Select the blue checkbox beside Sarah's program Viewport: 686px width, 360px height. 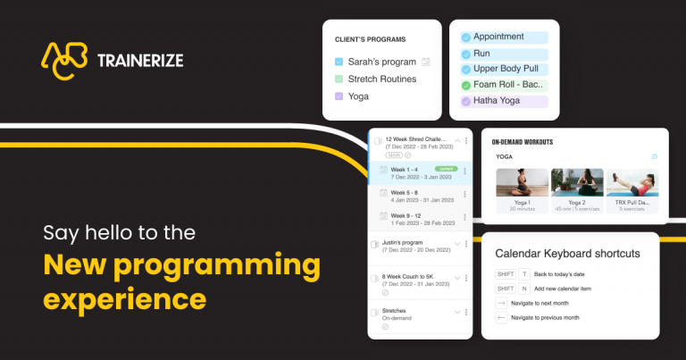tap(339, 63)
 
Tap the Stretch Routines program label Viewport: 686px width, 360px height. tap(382, 79)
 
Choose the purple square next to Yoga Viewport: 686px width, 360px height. tap(339, 96)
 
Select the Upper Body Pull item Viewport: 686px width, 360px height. tap(504, 69)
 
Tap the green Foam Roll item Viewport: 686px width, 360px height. tap(504, 85)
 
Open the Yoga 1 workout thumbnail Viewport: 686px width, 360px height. tap(522, 183)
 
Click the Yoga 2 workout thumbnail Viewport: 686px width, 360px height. tap(576, 183)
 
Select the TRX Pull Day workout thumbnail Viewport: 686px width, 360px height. tap(632, 183)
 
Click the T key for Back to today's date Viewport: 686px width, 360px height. tap(524, 274)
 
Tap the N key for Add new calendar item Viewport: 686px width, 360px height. tap(524, 289)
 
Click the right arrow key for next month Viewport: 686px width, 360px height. tap(501, 303)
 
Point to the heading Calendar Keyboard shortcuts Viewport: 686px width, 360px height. tap(567, 254)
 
